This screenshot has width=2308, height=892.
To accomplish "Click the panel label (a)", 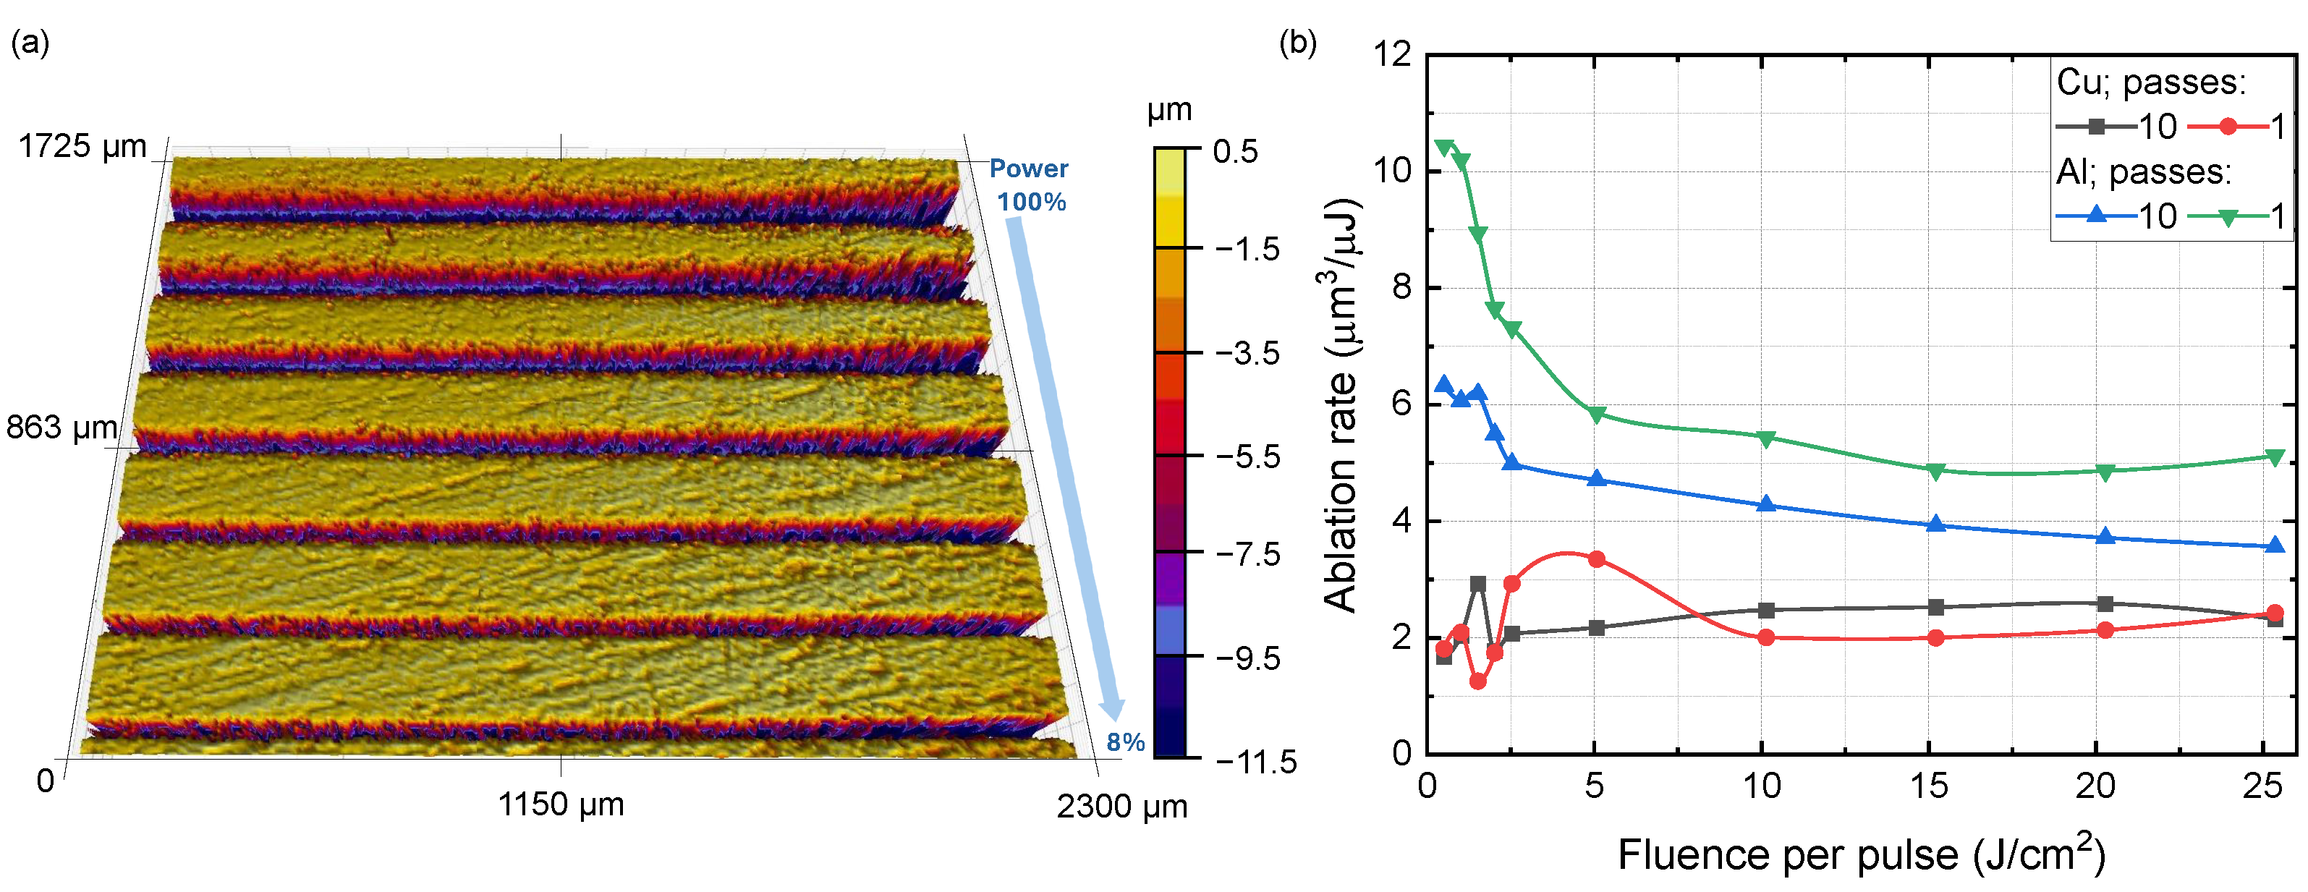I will coord(29,42).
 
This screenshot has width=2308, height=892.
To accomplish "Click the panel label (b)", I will coord(1297,42).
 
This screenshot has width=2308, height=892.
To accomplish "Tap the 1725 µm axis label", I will coord(82,146).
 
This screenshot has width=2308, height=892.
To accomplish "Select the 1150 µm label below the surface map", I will coord(561,804).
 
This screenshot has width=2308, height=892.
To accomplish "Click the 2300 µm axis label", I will coord(1121,807).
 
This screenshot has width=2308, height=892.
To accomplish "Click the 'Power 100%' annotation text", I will coord(1030,184).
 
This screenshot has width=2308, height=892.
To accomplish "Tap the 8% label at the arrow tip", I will coord(1125,742).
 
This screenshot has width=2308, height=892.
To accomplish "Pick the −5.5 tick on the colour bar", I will coord(1247,456).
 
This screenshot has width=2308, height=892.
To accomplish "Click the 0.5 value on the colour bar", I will coord(1236,150).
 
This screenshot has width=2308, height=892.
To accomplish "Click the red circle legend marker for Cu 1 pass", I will coord(2228,127).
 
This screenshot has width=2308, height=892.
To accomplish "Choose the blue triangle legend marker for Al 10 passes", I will coord(2097,215).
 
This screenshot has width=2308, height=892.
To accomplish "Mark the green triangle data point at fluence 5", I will coord(1597,414).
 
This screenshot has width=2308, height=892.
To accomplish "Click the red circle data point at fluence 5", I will coord(1597,558).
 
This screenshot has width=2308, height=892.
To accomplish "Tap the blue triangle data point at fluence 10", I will coord(1766,504).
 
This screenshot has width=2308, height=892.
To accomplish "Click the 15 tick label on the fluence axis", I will coord(1929,786).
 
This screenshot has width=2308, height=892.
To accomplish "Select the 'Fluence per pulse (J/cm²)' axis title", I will coord(1861,854).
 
